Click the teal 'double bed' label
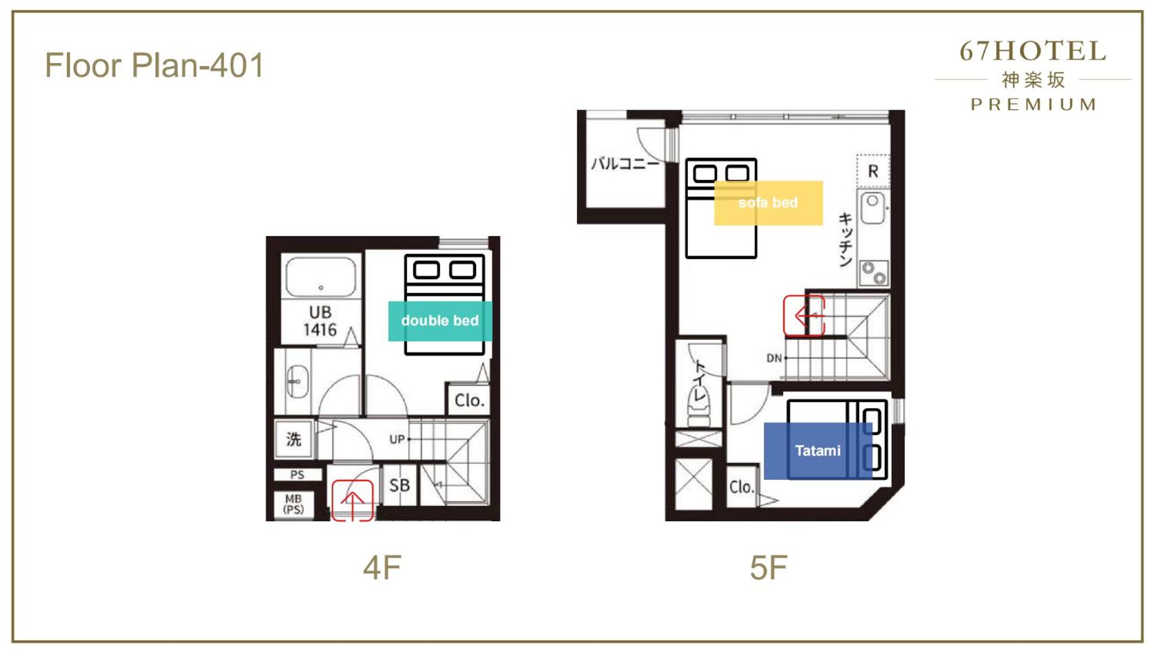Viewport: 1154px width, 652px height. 440,321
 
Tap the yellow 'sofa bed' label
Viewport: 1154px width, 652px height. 768,203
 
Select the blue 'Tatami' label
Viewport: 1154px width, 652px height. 818,451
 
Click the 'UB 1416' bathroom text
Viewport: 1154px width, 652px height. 320,321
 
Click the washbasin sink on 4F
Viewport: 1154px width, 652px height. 297,381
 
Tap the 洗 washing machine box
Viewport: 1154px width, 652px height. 294,439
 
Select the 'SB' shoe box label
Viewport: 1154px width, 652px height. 400,485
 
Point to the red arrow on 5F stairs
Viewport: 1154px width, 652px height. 804,316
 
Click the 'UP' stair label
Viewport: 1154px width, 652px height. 397,439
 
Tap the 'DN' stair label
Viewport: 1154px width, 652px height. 774,358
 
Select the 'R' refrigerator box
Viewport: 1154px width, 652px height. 873,172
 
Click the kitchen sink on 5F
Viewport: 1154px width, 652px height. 873,207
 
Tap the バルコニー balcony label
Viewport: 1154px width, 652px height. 625,163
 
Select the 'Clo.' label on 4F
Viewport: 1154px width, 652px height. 469,400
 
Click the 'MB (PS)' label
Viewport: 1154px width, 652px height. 294,504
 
